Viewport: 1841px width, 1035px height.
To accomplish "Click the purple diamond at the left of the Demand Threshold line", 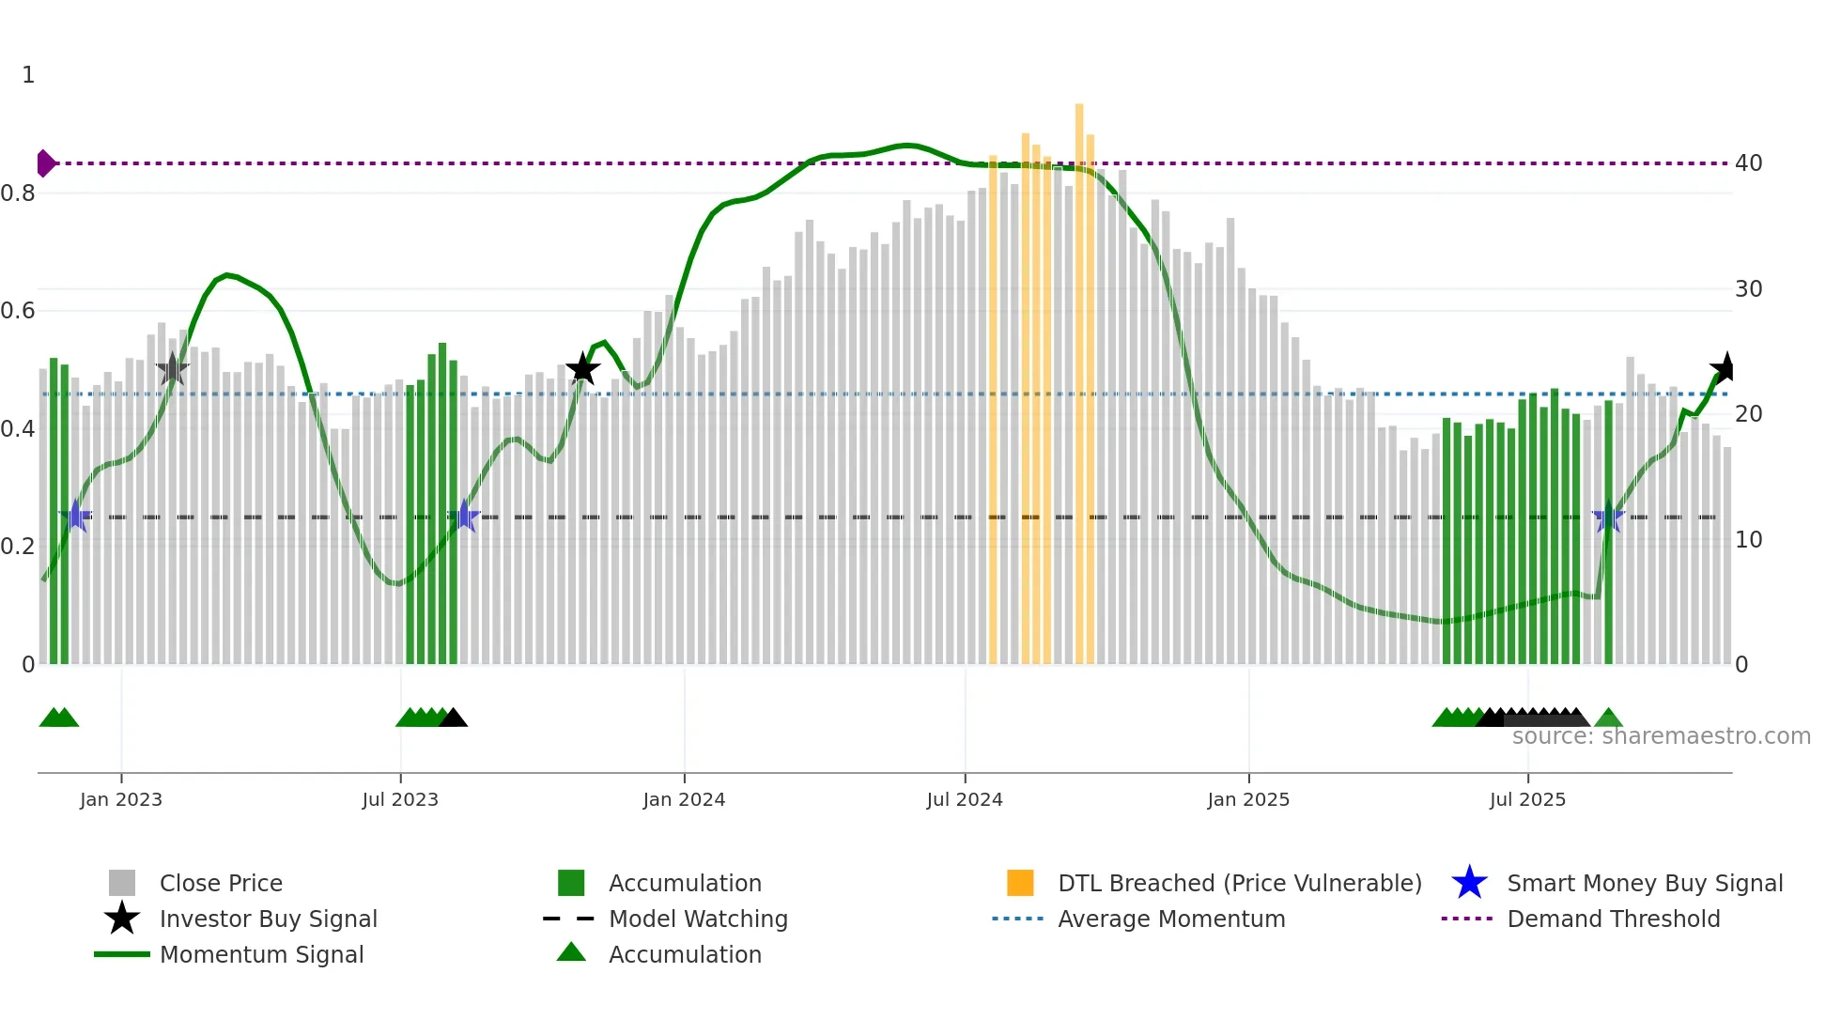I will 45,163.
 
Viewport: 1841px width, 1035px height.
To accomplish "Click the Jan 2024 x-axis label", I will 684,799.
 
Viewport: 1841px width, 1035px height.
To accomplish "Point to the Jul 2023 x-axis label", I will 400,799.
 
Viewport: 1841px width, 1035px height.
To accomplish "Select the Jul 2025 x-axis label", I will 1527,799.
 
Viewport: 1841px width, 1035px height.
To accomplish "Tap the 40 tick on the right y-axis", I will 1748,163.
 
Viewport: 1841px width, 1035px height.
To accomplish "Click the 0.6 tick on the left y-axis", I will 18,311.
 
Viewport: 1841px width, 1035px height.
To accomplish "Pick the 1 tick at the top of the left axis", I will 28,75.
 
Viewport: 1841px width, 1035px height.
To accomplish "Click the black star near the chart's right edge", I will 1725,368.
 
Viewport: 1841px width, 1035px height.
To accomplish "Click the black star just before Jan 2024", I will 582,368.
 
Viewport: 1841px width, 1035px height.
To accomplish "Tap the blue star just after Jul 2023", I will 464,516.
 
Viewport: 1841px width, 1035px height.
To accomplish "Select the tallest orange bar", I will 1079,376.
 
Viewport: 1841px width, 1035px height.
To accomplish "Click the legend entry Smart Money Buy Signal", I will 1644,883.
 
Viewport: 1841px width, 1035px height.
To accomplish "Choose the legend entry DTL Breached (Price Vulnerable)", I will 1239,883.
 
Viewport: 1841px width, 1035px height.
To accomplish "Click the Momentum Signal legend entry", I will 261,954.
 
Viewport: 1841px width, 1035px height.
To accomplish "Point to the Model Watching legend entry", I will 697,919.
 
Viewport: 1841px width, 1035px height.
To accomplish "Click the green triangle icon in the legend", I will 571,952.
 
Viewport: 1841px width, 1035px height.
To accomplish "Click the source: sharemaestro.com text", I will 1661,736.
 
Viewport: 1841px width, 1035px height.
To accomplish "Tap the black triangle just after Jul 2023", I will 454,718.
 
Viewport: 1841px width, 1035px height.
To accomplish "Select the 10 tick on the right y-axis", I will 1748,540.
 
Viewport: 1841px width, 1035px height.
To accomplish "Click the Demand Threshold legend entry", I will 1613,919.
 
